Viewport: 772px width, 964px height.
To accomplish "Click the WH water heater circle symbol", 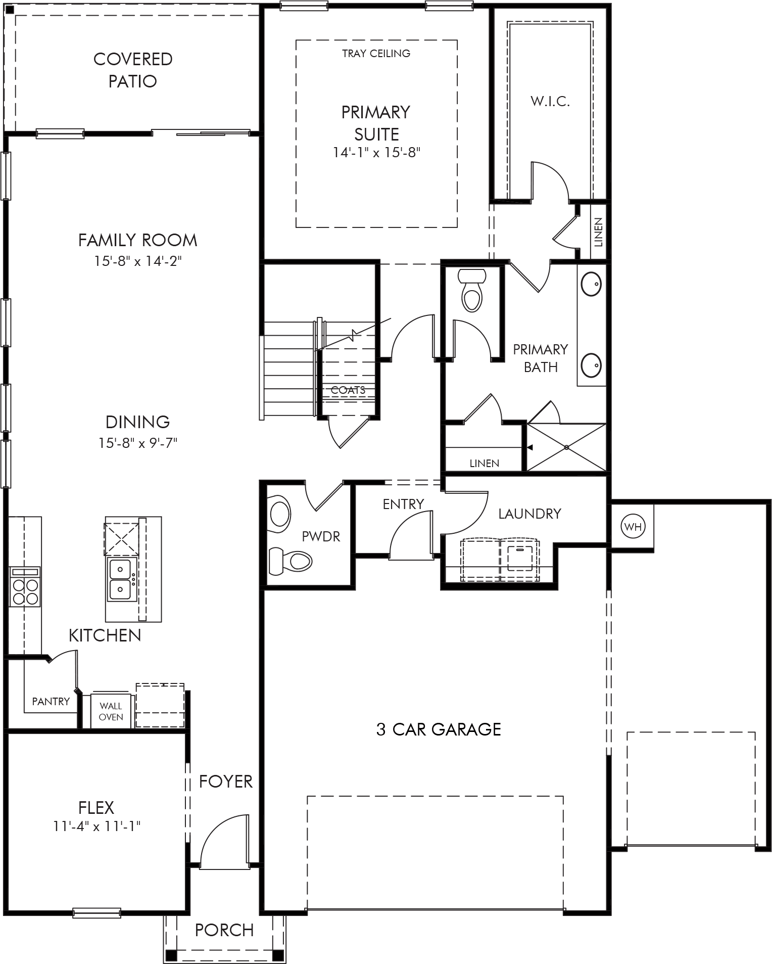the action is [x=632, y=527].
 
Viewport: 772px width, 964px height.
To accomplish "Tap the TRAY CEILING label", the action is [x=376, y=53].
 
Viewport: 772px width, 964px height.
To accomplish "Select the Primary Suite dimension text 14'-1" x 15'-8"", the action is [x=377, y=152].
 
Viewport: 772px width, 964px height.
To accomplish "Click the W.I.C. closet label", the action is [x=550, y=101].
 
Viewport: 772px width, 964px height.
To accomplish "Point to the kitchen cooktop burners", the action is [x=25, y=591].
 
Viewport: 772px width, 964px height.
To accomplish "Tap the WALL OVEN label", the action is [x=111, y=711].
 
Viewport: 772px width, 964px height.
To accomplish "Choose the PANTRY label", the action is [x=51, y=701].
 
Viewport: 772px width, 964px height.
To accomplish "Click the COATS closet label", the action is [x=348, y=390].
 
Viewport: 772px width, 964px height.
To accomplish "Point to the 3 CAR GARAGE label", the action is [x=439, y=729].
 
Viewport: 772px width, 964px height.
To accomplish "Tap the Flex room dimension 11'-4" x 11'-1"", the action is [x=96, y=826].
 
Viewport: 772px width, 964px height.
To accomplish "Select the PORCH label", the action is [x=224, y=930].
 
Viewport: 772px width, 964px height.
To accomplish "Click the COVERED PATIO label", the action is [x=133, y=70].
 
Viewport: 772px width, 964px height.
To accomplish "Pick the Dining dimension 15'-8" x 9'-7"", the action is [x=138, y=443].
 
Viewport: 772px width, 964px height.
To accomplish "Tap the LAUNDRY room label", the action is [x=529, y=514].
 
